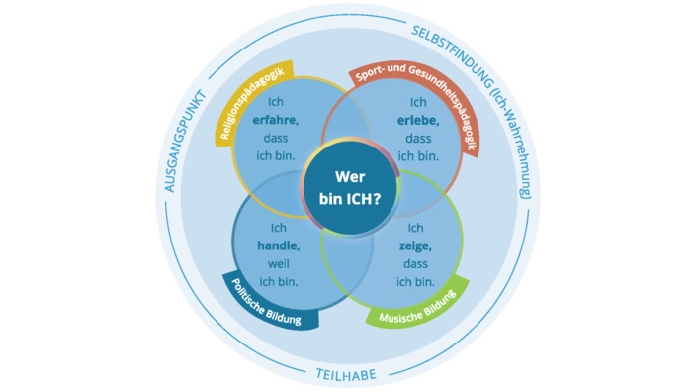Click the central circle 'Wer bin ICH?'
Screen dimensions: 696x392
348,185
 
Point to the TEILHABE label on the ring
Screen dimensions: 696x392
348,373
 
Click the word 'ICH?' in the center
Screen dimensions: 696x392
370,197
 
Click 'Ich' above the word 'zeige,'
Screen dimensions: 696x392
416,228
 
